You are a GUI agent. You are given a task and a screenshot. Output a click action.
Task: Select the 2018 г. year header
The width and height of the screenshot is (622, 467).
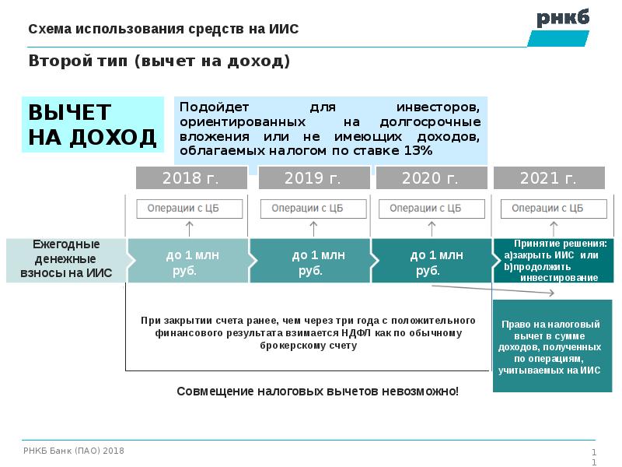191,177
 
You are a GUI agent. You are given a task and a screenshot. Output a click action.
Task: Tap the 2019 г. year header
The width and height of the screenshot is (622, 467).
314,177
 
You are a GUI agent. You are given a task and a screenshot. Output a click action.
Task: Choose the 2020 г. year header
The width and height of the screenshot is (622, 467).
432,177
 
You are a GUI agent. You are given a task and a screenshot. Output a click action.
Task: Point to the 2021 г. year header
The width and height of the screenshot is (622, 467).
549,177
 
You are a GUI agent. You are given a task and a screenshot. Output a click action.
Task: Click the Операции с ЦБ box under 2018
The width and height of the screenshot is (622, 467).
189,209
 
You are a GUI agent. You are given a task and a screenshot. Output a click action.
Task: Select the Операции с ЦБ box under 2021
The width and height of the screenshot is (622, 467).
554,209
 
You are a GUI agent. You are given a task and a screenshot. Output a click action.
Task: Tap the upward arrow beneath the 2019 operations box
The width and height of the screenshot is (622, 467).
313,229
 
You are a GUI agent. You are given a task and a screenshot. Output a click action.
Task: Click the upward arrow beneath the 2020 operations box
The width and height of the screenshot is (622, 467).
432,229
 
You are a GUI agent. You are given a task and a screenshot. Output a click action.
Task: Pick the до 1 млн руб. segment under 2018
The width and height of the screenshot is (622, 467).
188,261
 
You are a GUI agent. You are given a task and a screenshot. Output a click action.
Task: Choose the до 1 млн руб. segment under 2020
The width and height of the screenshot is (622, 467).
432,261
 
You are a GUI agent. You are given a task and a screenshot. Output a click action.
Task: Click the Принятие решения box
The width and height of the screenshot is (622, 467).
554,261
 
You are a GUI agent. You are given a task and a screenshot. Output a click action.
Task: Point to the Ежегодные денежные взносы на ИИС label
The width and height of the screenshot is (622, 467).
66,258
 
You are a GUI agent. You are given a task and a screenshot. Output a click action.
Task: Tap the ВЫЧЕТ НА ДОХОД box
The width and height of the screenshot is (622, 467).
93,125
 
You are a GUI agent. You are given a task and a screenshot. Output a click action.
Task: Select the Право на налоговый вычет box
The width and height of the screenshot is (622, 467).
552,346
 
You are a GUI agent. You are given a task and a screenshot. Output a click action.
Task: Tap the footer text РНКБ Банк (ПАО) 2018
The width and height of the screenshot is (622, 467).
74,451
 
